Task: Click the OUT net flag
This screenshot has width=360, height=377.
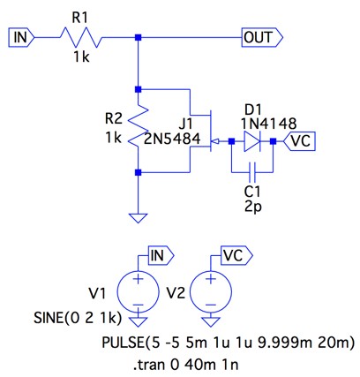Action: (262, 37)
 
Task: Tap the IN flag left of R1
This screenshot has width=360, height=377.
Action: (21, 37)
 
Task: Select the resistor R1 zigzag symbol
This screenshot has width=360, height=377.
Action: (81, 37)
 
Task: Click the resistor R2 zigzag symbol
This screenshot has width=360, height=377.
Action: (138, 126)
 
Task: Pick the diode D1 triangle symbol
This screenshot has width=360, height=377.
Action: (252, 141)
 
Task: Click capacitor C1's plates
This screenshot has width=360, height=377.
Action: (252, 172)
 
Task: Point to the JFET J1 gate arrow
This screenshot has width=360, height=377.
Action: (215, 142)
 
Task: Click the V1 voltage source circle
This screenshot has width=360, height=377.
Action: (138, 291)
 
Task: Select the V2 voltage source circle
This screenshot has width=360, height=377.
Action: (211, 291)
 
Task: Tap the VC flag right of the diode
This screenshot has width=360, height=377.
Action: (299, 141)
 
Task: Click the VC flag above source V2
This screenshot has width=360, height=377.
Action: (236, 256)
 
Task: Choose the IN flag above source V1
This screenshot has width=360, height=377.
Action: (161, 256)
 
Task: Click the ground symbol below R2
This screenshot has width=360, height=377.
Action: (138, 218)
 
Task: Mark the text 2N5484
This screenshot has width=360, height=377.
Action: (172, 139)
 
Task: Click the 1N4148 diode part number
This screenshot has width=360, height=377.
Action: (268, 124)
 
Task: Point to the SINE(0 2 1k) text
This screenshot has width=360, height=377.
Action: (78, 318)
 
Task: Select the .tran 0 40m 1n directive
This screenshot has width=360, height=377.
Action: (186, 365)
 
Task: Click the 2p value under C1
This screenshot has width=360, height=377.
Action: (253, 207)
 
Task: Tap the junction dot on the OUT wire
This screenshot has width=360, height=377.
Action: (138, 37)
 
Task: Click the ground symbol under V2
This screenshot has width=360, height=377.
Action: (211, 321)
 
